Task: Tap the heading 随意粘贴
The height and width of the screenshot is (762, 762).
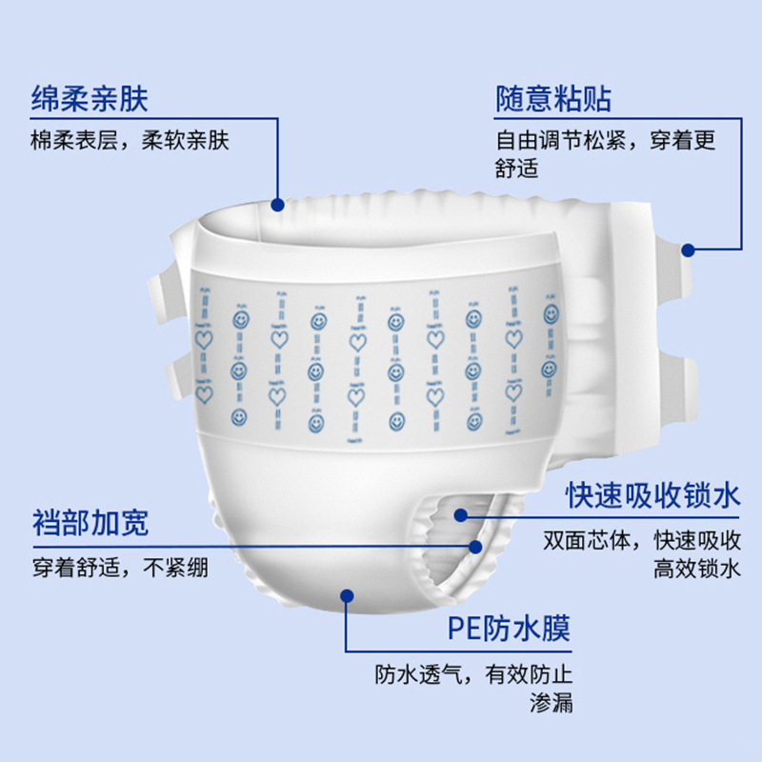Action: (553, 99)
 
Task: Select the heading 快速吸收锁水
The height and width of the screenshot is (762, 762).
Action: (652, 496)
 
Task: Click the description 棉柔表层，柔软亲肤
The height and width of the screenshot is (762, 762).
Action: (130, 141)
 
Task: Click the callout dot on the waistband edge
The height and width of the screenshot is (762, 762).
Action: (277, 204)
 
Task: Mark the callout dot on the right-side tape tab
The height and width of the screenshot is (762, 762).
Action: (689, 250)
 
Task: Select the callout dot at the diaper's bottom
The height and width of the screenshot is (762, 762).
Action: (347, 596)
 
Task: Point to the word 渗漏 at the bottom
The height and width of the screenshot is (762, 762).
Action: (551, 706)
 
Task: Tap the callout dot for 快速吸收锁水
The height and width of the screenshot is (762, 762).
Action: (460, 515)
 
